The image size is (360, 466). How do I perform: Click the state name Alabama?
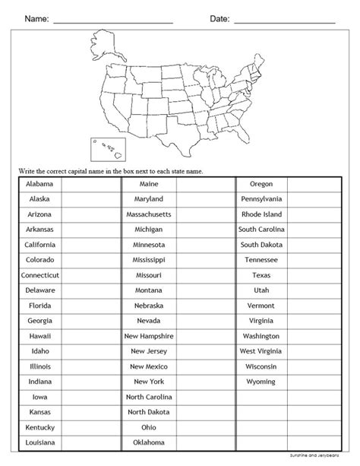click(39, 185)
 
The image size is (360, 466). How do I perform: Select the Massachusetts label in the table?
click(149, 214)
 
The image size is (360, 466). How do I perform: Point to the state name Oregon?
click(261, 185)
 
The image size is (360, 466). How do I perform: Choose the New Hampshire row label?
click(149, 335)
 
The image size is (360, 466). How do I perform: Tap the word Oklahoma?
click(149, 442)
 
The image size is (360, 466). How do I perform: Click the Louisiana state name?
click(39, 442)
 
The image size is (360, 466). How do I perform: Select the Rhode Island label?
click(261, 214)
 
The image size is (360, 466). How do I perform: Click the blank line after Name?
click(114, 21)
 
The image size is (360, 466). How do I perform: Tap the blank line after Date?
click(285, 21)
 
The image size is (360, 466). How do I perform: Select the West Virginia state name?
click(261, 350)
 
